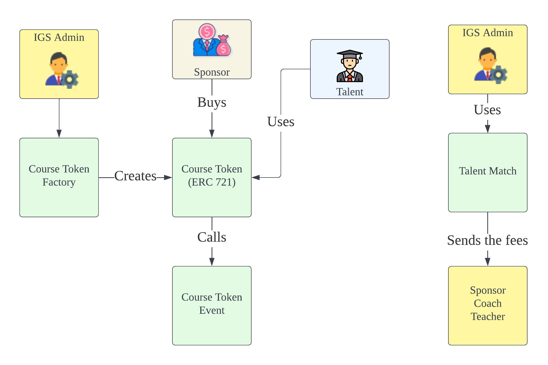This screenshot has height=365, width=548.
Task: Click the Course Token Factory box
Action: click(59, 177)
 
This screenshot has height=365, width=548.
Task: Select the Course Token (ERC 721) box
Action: click(212, 177)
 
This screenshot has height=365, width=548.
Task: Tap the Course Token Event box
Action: click(212, 305)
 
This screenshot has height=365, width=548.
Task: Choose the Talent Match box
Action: click(488, 172)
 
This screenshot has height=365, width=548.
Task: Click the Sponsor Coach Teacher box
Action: click(488, 305)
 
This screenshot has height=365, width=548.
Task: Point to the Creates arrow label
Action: click(135, 176)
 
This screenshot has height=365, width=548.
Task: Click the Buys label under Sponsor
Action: click(212, 102)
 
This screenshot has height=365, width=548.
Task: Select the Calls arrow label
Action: click(212, 237)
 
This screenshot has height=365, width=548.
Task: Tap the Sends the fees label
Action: click(488, 240)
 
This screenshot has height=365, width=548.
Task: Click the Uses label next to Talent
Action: click(281, 121)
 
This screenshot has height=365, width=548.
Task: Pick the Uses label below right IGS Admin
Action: click(487, 110)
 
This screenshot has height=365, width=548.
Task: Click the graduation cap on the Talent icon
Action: click(350, 54)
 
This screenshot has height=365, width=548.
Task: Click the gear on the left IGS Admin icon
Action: click(70, 79)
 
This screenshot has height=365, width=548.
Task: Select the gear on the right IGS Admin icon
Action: click(498, 75)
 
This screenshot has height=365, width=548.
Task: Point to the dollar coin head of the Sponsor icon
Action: click(207, 32)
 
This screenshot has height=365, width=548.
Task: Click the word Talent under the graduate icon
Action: click(350, 92)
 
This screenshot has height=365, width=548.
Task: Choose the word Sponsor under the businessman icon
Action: click(212, 72)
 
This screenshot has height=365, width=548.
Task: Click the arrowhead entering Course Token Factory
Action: click(59, 134)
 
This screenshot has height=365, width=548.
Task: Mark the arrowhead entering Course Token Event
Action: click(212, 262)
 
